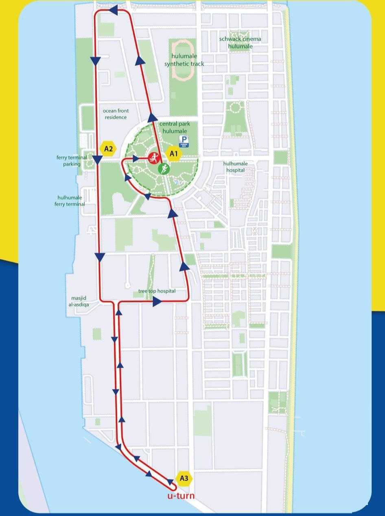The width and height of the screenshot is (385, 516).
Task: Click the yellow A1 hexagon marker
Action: click(x=174, y=154)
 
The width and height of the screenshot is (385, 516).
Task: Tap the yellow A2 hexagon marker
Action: click(x=108, y=149)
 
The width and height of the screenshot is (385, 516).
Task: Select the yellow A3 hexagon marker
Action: click(x=184, y=479)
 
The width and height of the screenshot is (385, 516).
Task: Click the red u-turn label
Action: click(x=181, y=496)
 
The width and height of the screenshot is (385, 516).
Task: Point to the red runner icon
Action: click(x=153, y=157)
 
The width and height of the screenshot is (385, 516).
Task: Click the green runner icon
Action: click(x=164, y=168)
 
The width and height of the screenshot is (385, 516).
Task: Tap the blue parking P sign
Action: click(x=184, y=141)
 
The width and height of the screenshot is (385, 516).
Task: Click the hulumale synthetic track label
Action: click(x=184, y=60)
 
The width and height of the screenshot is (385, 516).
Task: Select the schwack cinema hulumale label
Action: click(x=240, y=42)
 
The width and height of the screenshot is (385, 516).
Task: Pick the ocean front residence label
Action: click(x=116, y=114)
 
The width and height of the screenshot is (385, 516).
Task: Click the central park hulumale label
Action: click(x=175, y=127)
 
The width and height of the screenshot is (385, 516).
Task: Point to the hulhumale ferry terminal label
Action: click(x=70, y=201)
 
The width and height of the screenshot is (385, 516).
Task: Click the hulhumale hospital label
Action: click(x=235, y=166)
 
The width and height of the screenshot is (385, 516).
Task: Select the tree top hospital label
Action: click(x=157, y=291)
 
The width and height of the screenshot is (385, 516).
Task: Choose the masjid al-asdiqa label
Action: click(x=80, y=301)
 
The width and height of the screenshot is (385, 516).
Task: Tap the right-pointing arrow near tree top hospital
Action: click(x=157, y=302)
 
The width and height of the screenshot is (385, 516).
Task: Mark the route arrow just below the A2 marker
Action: click(x=98, y=160)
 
